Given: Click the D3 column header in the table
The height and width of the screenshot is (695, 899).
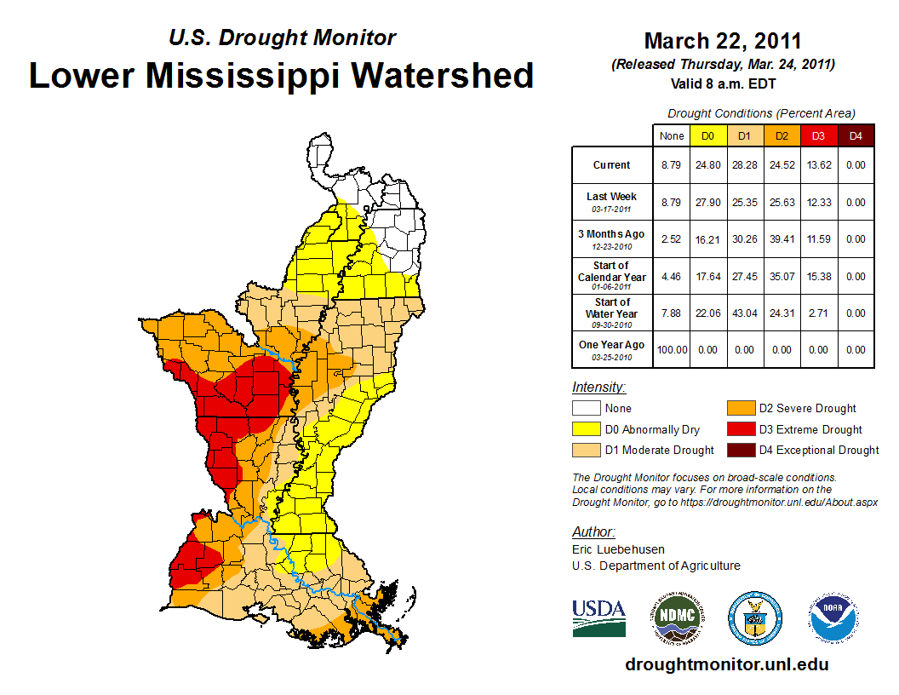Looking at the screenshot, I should tap(819, 135).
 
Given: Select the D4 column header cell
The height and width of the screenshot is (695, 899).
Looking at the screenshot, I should tap(856, 135).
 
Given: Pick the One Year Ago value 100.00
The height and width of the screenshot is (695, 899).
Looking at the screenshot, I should tap(671, 349).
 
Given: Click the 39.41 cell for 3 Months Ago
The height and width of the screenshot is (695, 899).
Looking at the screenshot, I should tap(782, 239).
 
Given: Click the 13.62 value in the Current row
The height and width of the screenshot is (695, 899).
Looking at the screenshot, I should tap(819, 165).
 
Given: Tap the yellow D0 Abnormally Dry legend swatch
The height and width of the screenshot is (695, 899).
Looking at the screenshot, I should tap(586, 429).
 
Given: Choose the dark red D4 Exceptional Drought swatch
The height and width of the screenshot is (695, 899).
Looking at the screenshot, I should tap(740, 450).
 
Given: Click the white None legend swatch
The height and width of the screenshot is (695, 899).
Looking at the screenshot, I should tap(586, 408).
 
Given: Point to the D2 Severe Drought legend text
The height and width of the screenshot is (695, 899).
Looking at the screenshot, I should tap(807, 409).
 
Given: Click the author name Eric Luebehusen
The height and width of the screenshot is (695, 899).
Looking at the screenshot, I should tap(619, 549).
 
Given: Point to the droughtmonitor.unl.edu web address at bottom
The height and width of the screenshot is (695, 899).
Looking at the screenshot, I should tap(726, 663).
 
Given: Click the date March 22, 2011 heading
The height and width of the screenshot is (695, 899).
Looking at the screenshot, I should tap(723, 41).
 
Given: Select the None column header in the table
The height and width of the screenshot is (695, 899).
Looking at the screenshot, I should tap(671, 135).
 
